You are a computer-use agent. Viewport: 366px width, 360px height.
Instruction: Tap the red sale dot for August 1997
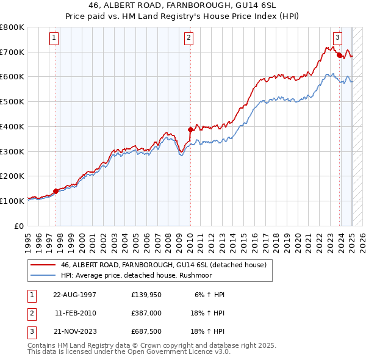56,191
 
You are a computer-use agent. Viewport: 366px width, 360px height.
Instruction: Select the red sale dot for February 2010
190,129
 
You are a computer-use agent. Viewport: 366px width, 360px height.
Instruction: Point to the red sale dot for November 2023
339,55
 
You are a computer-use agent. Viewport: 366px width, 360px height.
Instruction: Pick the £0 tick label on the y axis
19,226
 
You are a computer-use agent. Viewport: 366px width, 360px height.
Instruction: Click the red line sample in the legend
43,265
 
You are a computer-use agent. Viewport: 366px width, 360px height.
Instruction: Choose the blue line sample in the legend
43,275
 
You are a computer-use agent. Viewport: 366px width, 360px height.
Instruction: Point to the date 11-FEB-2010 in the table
75,313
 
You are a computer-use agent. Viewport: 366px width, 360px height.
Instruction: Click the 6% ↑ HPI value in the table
210,294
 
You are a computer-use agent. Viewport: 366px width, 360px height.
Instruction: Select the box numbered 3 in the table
31,331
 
